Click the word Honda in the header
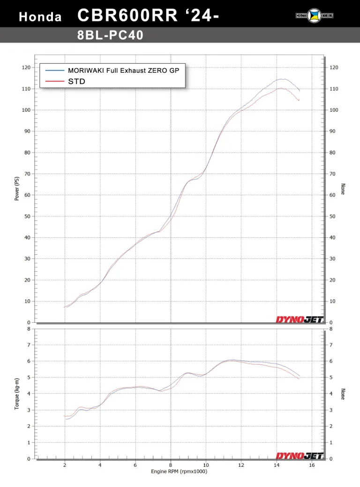click(40, 17)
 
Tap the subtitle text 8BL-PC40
click(110, 35)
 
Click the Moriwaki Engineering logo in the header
click(311, 15)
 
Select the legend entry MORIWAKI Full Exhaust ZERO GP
click(123, 70)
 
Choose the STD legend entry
click(76, 81)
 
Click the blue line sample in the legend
click(55, 70)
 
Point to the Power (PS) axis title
click(17, 189)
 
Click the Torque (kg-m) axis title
click(17, 394)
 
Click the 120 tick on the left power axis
click(26, 68)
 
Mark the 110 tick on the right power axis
click(334, 89)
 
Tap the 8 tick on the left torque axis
click(29, 329)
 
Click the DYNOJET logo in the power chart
click(300, 320)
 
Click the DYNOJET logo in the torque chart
click(300, 456)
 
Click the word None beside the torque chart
click(343, 394)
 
